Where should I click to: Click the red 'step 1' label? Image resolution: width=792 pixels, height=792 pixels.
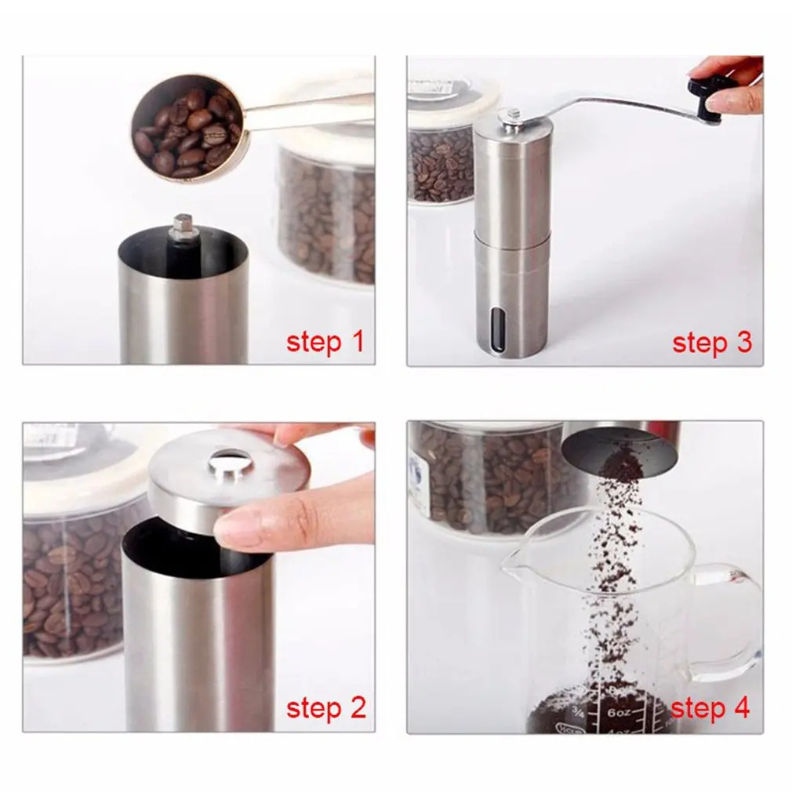point(325,342)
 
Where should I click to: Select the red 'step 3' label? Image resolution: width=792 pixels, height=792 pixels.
point(712,342)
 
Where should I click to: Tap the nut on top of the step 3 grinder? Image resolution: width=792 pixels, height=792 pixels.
point(513,117)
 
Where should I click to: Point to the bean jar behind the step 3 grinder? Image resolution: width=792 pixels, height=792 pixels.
point(441,161)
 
